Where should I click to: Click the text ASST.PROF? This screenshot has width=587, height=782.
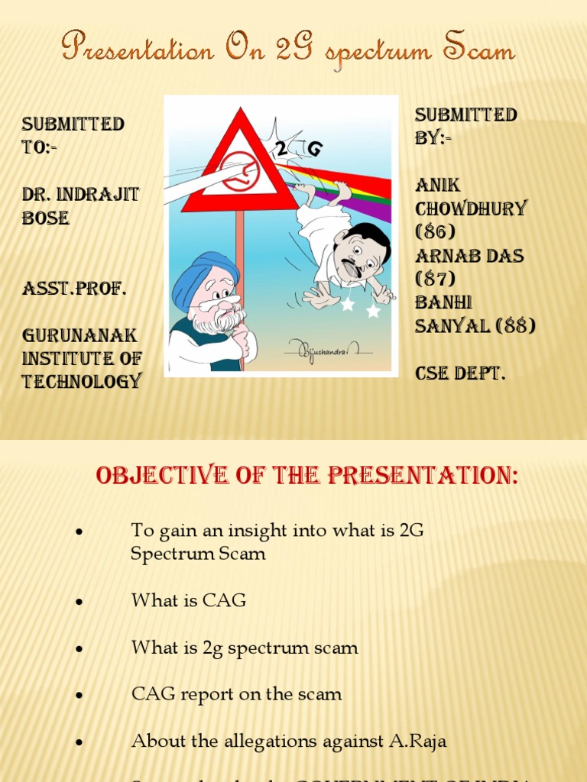74,289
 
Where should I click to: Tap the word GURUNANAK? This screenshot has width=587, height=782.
79,336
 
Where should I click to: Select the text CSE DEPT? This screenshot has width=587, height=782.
460,373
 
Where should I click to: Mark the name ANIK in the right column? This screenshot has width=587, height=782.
438,185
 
